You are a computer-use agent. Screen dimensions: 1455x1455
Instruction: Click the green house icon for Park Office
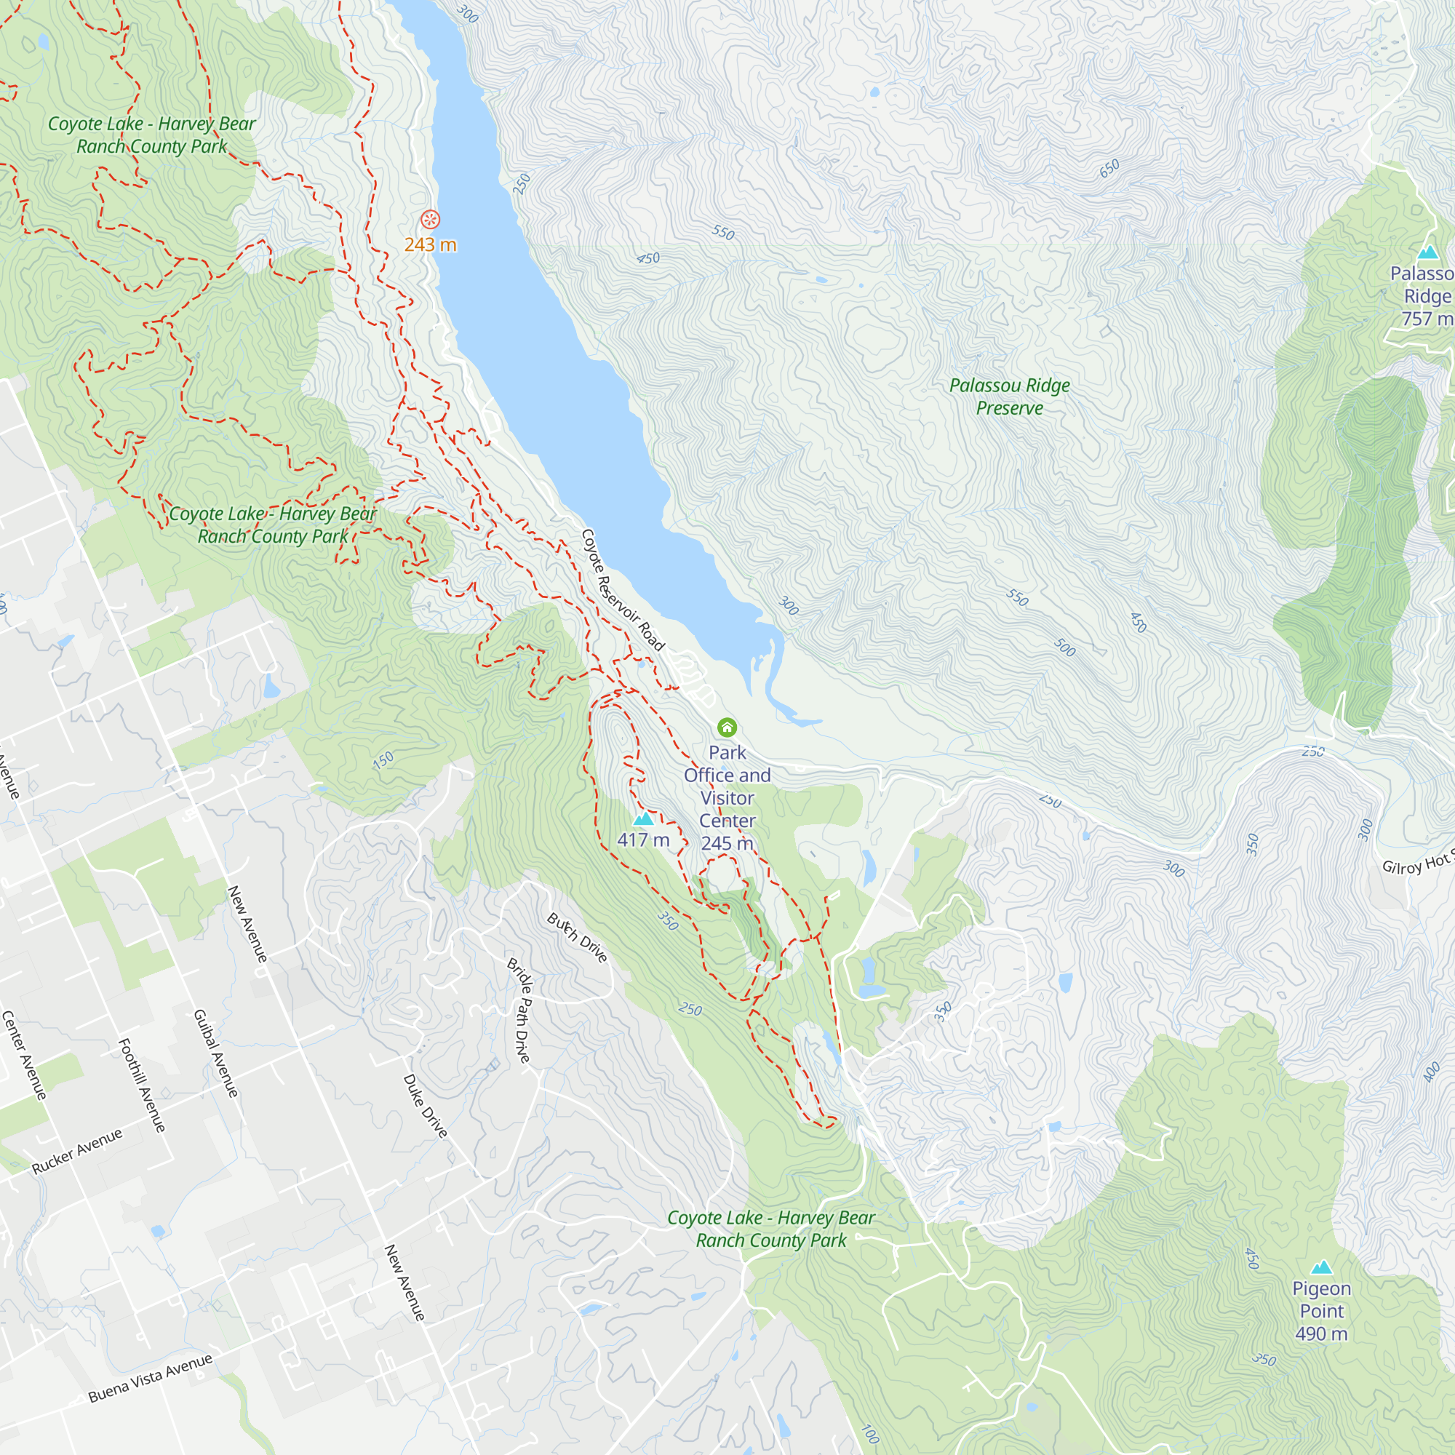click(x=726, y=727)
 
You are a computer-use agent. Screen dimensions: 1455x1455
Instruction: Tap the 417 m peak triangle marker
click(x=642, y=819)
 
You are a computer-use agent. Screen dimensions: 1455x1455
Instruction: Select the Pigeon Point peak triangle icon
click(x=1321, y=1267)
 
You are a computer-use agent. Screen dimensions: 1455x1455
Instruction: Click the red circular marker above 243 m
click(x=430, y=220)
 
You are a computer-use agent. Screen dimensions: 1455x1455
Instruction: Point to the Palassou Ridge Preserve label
click(x=1009, y=397)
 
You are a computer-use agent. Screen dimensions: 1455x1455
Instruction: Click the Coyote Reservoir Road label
click(x=623, y=590)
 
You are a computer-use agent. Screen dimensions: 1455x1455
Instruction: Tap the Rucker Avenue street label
click(x=77, y=1152)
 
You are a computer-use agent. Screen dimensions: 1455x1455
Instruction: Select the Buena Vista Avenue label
click(x=151, y=1379)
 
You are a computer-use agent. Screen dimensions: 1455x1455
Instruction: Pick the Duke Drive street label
click(x=426, y=1106)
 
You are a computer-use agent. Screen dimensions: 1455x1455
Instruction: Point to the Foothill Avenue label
click(x=142, y=1085)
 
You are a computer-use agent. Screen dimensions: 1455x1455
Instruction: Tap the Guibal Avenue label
click(x=216, y=1053)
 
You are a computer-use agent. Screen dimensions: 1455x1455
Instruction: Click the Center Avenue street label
click(x=24, y=1054)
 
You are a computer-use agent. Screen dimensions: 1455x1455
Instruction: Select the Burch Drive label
click(x=577, y=938)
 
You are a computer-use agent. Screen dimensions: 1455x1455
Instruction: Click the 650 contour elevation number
click(x=1109, y=169)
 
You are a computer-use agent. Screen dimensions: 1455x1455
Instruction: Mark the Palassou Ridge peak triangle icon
click(x=1427, y=252)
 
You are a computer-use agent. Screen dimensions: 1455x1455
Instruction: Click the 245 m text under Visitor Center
click(x=727, y=843)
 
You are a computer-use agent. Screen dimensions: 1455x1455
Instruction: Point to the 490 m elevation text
click(x=1321, y=1334)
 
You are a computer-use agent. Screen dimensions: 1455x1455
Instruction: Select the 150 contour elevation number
click(x=383, y=760)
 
